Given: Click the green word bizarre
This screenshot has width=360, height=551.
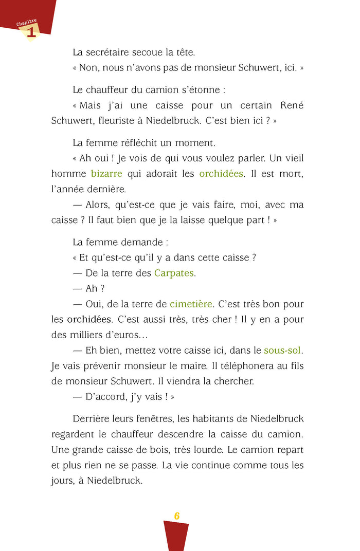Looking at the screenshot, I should click(x=106, y=174).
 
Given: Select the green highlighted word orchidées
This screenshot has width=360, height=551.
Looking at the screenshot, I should click(x=221, y=174).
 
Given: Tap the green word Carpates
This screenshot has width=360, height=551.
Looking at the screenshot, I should click(x=174, y=273).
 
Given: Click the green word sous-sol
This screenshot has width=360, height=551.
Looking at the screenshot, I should click(x=283, y=351).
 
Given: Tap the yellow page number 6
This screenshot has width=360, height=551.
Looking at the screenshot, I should click(x=176, y=516).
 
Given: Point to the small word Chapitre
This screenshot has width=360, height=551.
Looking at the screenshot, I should click(x=26, y=23).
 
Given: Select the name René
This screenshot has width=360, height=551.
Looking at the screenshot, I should click(x=292, y=105).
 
